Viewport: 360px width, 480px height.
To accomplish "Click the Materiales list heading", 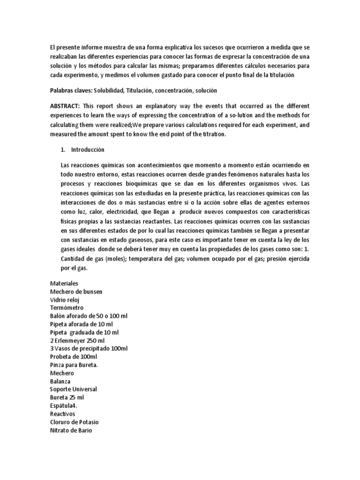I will pos(64,283).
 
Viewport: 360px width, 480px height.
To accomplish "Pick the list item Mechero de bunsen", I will pos(76,292).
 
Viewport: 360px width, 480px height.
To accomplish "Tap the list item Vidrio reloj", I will pos(66,300).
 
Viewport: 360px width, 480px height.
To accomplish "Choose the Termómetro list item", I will pos(67,307).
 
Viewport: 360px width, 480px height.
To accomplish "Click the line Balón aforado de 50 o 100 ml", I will pos(89,316).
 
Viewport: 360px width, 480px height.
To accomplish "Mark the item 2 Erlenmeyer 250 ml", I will pos(77,340).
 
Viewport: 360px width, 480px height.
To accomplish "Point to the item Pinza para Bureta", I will pos(74,365).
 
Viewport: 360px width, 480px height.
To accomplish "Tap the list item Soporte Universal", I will pos(73,389).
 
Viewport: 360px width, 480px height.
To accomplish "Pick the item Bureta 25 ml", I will pos(67,397).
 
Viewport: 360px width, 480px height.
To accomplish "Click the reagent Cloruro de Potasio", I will pos(75,422).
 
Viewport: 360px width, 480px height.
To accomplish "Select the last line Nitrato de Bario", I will pos(71,430).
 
